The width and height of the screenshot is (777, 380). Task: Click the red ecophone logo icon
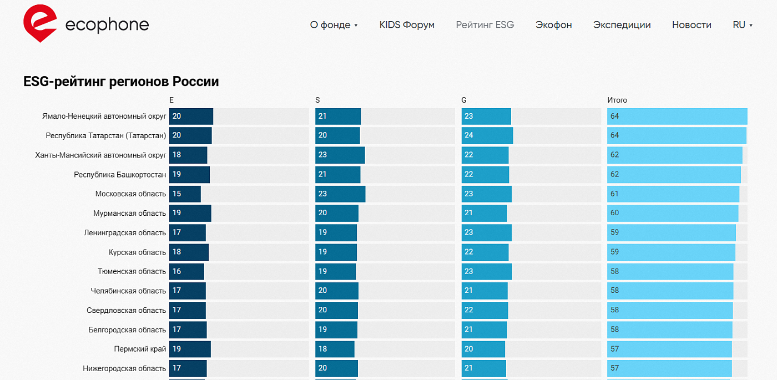[39, 23]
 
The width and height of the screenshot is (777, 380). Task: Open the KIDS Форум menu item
[407, 25]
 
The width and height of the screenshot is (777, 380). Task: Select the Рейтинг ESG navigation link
[485, 25]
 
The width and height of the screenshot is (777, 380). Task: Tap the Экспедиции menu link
[622, 25]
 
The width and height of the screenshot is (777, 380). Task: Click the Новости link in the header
[692, 25]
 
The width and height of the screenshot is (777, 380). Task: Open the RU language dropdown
[742, 25]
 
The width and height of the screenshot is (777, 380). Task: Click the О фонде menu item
[333, 25]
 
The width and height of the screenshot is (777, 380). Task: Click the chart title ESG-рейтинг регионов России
[121, 82]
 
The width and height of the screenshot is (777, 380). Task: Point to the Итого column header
[617, 100]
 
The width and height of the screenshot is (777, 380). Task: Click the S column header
[317, 100]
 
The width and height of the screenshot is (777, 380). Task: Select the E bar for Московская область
[185, 194]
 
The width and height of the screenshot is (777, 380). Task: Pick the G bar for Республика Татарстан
[487, 136]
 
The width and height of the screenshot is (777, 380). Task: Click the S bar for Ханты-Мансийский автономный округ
[340, 155]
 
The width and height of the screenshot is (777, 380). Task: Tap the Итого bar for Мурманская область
[672, 214]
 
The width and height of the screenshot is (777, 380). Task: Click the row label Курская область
[137, 252]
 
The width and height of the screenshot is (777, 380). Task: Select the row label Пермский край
[140, 349]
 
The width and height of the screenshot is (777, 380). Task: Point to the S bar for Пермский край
[335, 349]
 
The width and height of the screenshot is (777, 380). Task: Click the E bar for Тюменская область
[186, 272]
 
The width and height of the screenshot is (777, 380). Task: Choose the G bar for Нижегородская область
[483, 368]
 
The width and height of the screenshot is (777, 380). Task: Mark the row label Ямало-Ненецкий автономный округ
[104, 116]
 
